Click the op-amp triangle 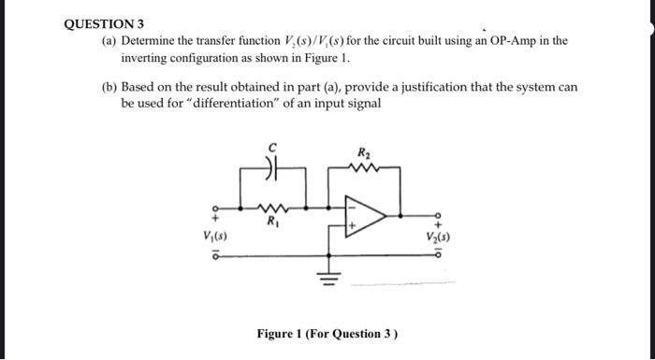[367, 218]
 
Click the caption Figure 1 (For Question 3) [327, 334]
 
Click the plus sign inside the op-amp [352, 225]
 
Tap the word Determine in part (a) [152, 42]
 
